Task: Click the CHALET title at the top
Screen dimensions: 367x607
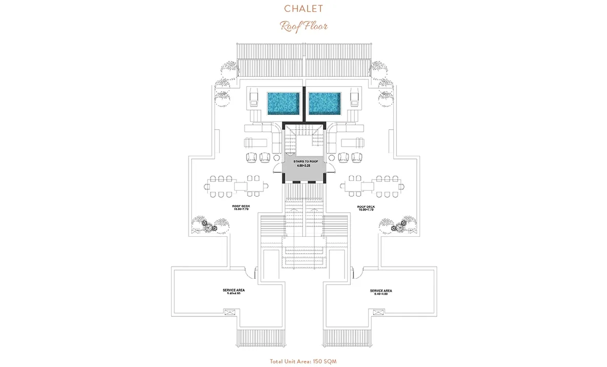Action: (x=304, y=9)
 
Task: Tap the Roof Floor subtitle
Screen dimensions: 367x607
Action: (x=304, y=26)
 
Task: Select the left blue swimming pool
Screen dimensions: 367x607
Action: (x=284, y=104)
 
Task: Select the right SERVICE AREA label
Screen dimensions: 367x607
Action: (x=381, y=291)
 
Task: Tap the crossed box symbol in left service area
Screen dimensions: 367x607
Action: (x=228, y=311)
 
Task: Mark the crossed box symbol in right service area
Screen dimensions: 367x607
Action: (x=379, y=311)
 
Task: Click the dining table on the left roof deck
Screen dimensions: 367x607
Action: (x=237, y=186)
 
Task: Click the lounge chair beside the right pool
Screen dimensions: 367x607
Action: (x=354, y=98)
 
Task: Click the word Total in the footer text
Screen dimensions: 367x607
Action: (x=278, y=361)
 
